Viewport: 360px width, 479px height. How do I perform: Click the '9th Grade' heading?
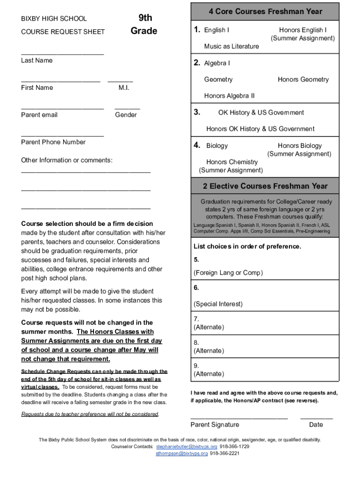point(144,24)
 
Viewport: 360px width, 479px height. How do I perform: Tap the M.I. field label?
point(124,87)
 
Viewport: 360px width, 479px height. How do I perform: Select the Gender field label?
point(126,115)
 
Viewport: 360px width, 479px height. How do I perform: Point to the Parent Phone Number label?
point(53,142)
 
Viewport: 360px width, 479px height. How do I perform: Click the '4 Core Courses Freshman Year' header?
point(266,11)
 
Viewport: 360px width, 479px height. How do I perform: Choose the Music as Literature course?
point(231,46)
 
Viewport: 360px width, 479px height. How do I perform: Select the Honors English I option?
point(302,30)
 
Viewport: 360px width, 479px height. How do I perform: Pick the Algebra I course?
point(217,63)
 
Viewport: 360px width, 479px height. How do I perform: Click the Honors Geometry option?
point(303,80)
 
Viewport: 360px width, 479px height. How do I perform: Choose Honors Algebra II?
point(230,96)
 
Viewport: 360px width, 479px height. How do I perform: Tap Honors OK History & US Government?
point(260,129)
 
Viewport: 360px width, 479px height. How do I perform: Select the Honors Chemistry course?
point(232,162)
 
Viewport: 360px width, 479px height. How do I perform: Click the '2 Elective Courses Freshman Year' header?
point(265,186)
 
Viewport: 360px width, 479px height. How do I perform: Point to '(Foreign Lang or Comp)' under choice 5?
point(228,273)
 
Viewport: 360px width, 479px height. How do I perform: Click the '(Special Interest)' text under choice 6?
point(218,304)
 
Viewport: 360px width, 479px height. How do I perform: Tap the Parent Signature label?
point(215,425)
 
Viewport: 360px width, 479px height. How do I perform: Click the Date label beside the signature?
point(316,425)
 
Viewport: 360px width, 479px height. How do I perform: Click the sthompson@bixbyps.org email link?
point(181,453)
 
